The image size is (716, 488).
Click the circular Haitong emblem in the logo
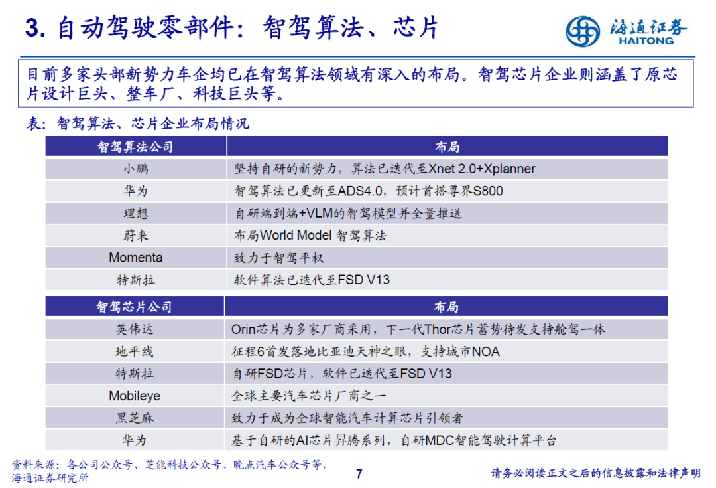(x=583, y=31)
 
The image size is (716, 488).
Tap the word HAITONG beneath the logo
(x=646, y=41)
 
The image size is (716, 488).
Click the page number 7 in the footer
(x=359, y=474)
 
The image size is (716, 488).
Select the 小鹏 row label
(x=136, y=169)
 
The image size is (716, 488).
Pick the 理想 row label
(x=136, y=213)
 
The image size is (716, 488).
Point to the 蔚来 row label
(x=136, y=236)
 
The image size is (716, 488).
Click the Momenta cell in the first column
(x=136, y=258)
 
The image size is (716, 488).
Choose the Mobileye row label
(x=135, y=396)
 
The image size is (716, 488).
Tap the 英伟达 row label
(x=135, y=329)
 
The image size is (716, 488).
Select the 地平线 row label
(x=135, y=351)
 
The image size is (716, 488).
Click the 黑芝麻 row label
(x=135, y=418)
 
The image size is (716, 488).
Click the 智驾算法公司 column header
(x=136, y=147)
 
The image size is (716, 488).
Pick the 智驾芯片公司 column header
(x=134, y=307)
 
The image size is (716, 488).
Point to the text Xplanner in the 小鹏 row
(x=509, y=169)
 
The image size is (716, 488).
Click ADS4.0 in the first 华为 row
(x=360, y=191)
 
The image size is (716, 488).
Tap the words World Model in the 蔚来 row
(x=296, y=236)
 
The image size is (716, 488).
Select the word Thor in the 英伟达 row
(x=438, y=329)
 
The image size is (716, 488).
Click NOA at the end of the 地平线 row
(x=486, y=351)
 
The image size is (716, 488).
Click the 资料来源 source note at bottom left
(x=170, y=471)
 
